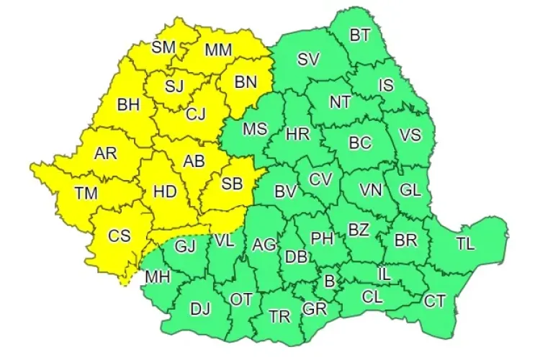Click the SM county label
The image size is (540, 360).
(163, 48)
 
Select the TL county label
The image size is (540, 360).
(465, 243)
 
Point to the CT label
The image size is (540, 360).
(434, 301)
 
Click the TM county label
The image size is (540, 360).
(87, 193)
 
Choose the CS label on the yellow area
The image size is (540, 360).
(120, 235)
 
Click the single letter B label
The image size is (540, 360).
(330, 281)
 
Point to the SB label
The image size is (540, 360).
(231, 184)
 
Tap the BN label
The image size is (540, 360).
(246, 82)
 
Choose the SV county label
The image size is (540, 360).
(308, 59)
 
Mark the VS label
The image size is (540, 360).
(410, 135)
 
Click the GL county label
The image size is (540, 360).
(410, 191)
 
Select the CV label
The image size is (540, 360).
(320, 179)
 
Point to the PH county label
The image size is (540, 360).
(322, 238)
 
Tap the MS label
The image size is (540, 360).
(254, 130)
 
